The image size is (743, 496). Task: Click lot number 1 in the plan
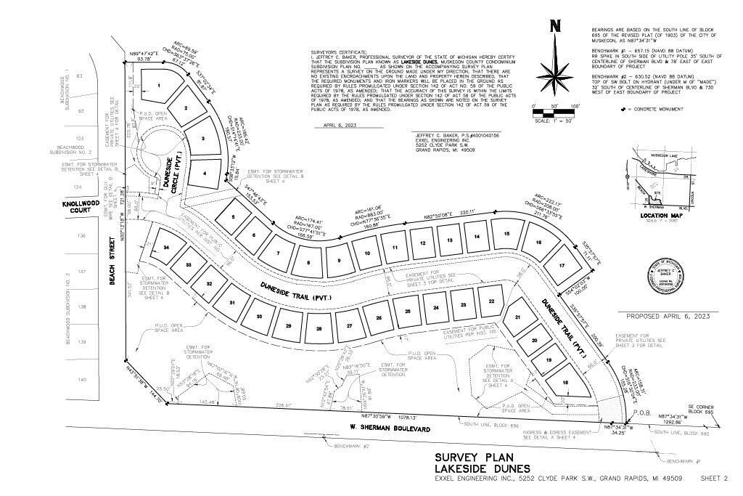159,86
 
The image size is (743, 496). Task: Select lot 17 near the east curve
562,266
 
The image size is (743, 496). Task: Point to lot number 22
491,301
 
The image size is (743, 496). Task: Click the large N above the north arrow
556,27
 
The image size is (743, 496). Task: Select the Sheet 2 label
714,478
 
